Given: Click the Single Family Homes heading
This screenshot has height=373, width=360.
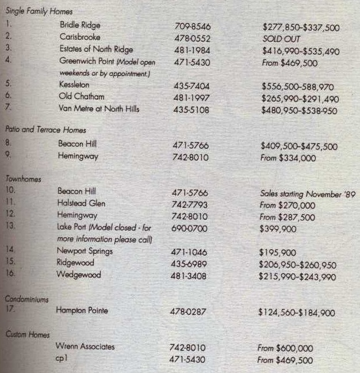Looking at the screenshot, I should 39,12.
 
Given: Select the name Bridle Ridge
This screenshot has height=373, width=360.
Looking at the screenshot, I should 80,25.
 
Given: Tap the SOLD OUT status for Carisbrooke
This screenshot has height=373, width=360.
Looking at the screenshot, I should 282,38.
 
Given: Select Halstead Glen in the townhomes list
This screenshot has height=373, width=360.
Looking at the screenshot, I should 81,203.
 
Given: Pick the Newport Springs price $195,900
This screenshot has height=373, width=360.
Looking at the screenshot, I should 278,252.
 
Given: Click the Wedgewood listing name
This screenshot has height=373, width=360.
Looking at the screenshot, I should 79,275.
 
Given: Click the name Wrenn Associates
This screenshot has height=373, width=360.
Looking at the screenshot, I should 85,347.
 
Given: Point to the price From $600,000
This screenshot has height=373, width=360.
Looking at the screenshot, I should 285,348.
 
